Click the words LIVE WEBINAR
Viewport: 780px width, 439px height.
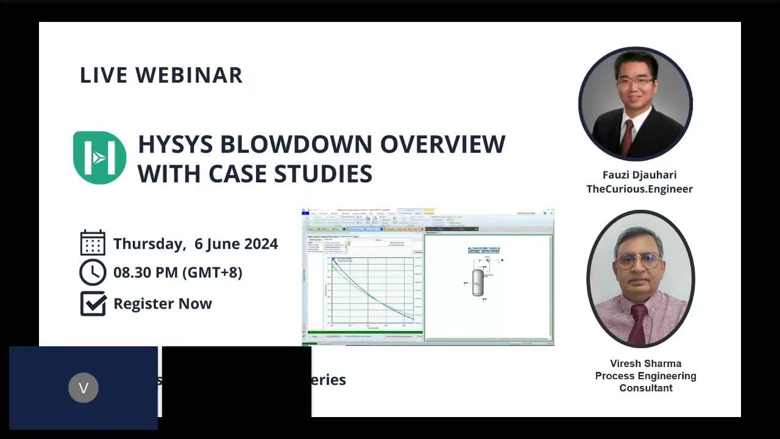(161, 75)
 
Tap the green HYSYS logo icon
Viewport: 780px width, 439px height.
(99, 157)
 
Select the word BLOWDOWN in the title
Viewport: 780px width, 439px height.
(297, 145)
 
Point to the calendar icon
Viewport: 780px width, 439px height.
(93, 243)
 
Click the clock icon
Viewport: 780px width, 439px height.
(93, 272)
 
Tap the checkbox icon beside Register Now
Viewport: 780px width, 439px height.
(93, 303)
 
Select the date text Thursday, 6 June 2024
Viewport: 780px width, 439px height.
(195, 244)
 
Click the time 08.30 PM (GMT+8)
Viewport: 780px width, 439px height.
(177, 273)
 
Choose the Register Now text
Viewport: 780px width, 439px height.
(162, 304)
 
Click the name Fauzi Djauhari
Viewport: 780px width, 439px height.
(639, 175)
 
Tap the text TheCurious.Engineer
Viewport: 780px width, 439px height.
(639, 189)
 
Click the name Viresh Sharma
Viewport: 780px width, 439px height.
(645, 363)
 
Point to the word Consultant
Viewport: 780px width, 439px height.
(645, 388)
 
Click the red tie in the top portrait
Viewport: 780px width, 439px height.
(627, 137)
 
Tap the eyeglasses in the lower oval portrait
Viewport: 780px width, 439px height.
(637, 260)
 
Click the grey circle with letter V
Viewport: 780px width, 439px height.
(83, 388)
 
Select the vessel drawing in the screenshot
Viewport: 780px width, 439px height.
(478, 282)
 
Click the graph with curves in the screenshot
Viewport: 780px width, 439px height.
(372, 290)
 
